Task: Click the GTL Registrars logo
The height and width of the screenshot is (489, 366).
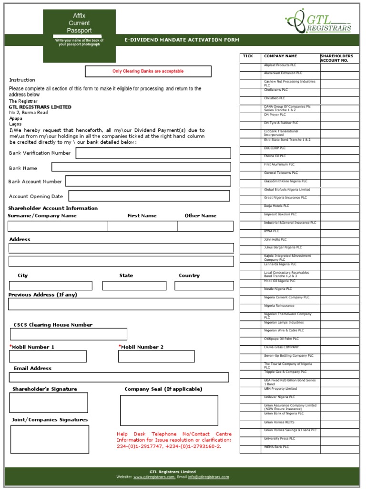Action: coord(318,21)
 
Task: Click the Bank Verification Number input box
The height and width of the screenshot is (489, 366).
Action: coord(153,153)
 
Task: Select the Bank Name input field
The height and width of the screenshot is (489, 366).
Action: coord(141,167)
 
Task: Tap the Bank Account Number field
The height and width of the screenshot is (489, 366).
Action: coord(148,181)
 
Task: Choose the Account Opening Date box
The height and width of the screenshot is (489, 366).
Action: coord(149,196)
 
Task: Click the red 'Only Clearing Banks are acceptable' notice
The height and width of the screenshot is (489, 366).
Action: coord(148,71)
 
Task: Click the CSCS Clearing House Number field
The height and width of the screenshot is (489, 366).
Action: coord(68,334)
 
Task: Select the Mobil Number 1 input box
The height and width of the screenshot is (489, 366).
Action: coord(48,356)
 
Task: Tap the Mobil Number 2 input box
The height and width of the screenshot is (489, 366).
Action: coord(156,356)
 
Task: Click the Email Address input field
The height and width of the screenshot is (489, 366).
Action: coord(119,377)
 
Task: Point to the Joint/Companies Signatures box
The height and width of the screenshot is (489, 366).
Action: coord(50,439)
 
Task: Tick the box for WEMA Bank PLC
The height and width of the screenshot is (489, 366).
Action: coord(250,449)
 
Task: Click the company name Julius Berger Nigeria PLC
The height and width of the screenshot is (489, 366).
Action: coord(283,248)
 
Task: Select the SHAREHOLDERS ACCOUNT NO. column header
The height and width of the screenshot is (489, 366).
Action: coord(339,58)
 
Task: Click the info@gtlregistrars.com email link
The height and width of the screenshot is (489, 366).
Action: coord(208,477)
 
